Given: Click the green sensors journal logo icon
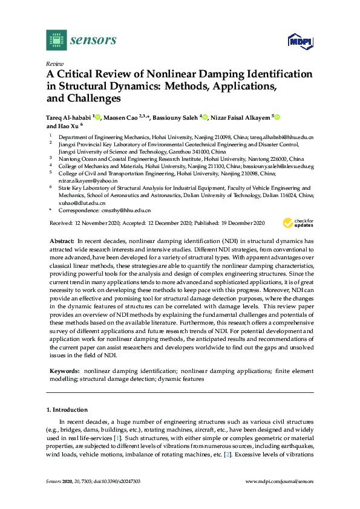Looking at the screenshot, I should click(x=56, y=40).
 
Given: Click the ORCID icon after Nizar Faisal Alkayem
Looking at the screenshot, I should click(x=278, y=117).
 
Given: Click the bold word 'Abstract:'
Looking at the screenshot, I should click(x=62, y=241).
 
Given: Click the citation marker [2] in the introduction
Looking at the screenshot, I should click(x=228, y=453).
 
